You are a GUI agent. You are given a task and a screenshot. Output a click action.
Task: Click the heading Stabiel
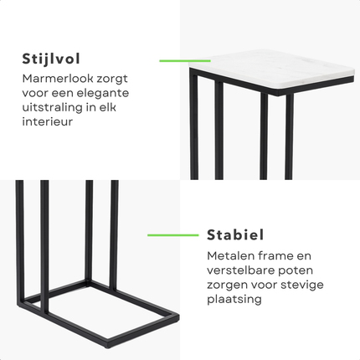coord(235,234)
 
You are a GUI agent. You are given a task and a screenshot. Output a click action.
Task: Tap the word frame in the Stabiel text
coord(273,255)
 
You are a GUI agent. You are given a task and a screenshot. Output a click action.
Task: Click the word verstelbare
coord(241,270)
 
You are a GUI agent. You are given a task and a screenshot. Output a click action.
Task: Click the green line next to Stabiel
coord(172,235)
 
